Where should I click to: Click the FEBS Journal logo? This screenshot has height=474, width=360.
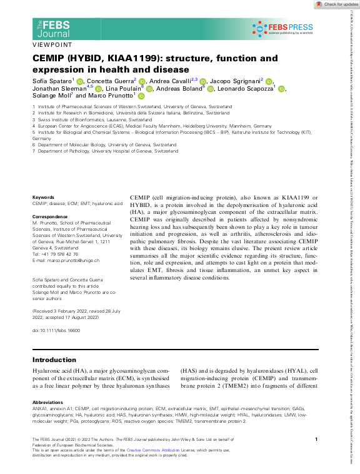52,28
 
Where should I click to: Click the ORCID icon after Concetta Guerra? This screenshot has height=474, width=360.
142,81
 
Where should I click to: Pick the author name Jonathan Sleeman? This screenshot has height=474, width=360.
57,89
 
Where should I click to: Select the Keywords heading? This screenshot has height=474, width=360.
43,197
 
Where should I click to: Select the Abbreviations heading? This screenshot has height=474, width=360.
47,402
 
